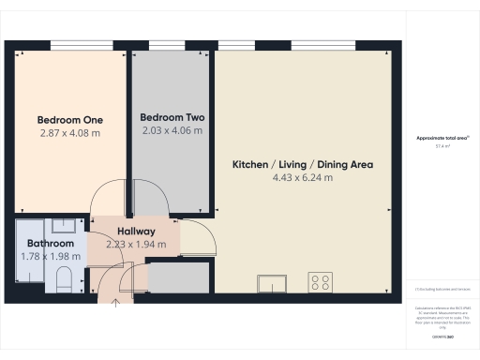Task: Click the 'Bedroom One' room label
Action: pyautogui.click(x=69, y=120)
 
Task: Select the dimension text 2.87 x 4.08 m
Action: pyautogui.click(x=69, y=133)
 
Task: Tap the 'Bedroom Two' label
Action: pyautogui.click(x=172, y=117)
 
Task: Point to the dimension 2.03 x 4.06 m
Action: pyautogui.click(x=172, y=131)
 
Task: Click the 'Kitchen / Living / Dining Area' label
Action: pyautogui.click(x=303, y=164)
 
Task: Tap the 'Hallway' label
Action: pyautogui.click(x=136, y=231)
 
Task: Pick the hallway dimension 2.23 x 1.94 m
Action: pyautogui.click(x=136, y=245)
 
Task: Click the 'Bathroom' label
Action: pyautogui.click(x=51, y=244)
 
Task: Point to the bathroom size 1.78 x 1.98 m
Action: pyautogui.click(x=51, y=256)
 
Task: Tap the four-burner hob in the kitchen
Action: pyautogui.click(x=321, y=280)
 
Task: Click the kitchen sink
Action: pyautogui.click(x=274, y=281)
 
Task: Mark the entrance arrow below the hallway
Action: pyautogui.click(x=115, y=302)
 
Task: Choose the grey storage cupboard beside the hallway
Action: pyautogui.click(x=178, y=278)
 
